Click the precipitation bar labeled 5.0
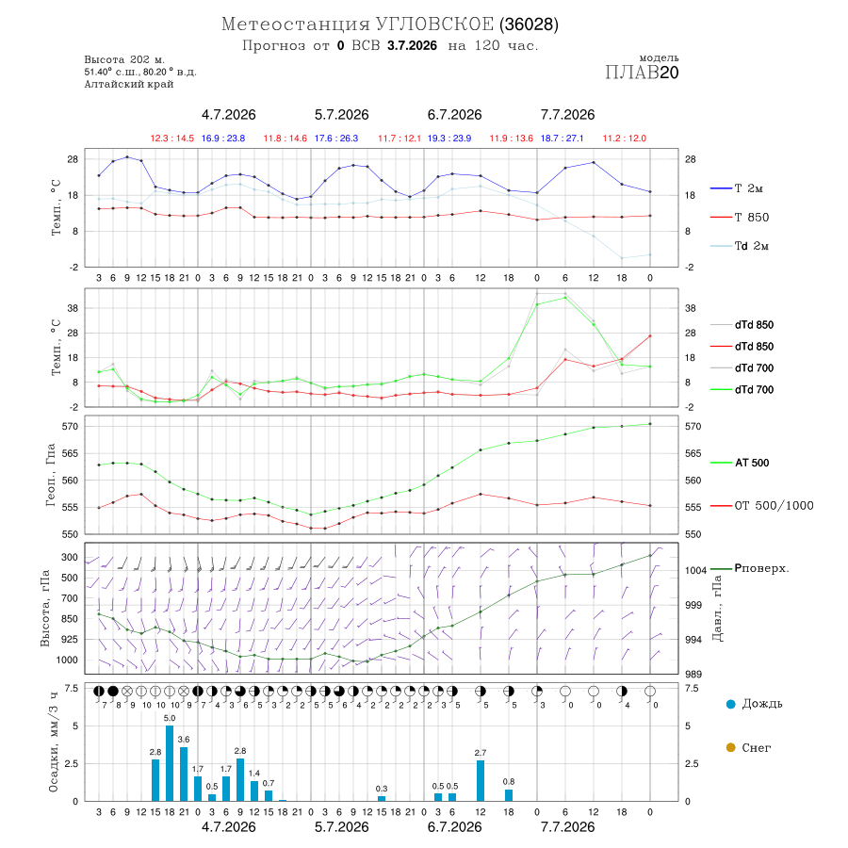click(x=170, y=763)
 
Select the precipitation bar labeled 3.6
click(x=184, y=774)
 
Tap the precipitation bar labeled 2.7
click(x=481, y=780)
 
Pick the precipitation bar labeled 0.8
click(x=509, y=795)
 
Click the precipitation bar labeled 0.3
click(x=382, y=798)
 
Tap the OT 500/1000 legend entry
click(x=761, y=505)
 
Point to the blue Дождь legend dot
click(x=730, y=704)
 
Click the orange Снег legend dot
click(x=730, y=747)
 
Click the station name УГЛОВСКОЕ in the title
click(x=434, y=24)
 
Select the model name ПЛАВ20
click(x=642, y=72)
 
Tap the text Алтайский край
click(x=129, y=84)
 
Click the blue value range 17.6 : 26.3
click(x=336, y=139)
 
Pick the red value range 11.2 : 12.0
click(x=625, y=139)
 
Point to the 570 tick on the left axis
click(x=70, y=426)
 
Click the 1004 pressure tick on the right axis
click(x=696, y=570)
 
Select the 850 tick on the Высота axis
click(x=69, y=619)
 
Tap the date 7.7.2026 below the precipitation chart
click(x=567, y=827)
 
